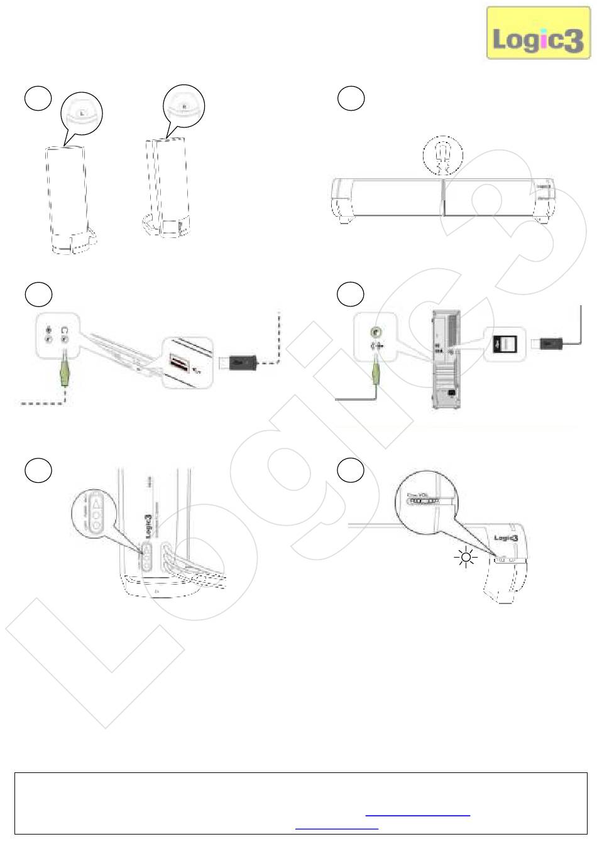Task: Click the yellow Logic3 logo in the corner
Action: click(x=539, y=33)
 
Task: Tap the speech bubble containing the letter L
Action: click(x=82, y=114)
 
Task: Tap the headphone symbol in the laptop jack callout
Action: click(x=64, y=330)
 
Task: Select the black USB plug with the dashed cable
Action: click(x=240, y=362)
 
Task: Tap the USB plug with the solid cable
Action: click(x=549, y=343)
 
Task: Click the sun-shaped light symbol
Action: click(x=466, y=556)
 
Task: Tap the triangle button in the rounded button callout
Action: click(x=96, y=503)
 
